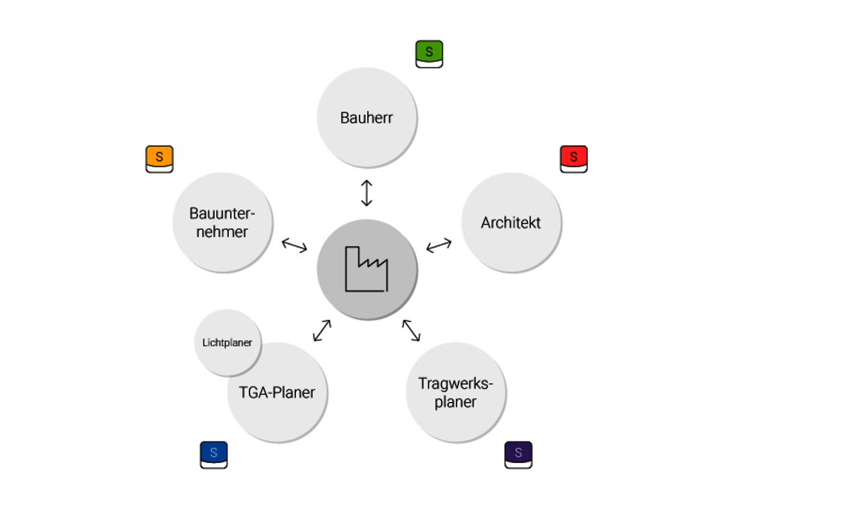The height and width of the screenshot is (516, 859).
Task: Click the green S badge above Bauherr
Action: tap(429, 53)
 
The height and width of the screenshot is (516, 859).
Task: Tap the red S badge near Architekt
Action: tap(574, 158)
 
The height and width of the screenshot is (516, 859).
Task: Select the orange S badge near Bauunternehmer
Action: tap(160, 158)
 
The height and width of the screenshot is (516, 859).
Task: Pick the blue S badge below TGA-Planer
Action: tap(213, 454)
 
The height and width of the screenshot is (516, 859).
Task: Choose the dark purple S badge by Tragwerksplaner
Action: tap(518, 454)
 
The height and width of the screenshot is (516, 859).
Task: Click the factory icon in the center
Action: tap(366, 269)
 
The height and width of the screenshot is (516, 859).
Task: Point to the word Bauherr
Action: tap(366, 118)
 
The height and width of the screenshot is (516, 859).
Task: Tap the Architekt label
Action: tap(511, 223)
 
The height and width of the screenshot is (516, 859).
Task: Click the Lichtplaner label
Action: tap(228, 343)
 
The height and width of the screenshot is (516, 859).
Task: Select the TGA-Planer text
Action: tap(276, 393)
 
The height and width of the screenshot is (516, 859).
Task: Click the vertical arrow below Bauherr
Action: tap(366, 193)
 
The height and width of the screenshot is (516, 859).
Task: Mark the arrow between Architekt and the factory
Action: tap(439, 245)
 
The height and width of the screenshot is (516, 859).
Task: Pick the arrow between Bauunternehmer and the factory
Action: tap(294, 245)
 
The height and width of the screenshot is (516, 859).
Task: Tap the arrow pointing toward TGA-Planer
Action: tap(322, 330)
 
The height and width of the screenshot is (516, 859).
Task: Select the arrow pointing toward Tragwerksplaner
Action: tap(411, 330)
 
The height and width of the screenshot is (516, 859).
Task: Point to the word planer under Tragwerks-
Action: tap(456, 402)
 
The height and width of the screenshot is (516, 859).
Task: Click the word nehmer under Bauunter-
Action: tap(222, 232)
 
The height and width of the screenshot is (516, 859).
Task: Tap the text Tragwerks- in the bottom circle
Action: tap(456, 384)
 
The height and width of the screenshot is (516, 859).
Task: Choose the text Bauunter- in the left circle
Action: tap(222, 214)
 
